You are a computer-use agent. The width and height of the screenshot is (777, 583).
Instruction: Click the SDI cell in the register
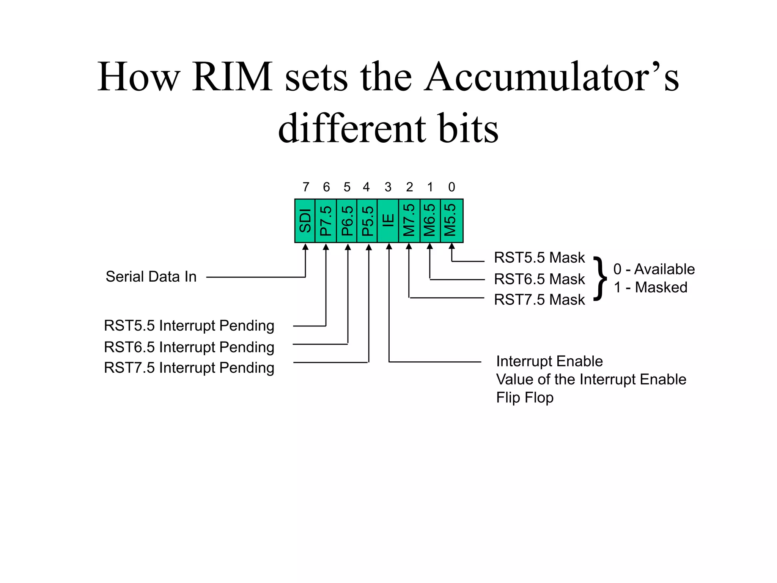tap(305, 221)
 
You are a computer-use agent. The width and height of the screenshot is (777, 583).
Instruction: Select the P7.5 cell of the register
tap(326, 221)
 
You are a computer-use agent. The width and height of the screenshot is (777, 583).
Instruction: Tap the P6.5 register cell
tap(347, 221)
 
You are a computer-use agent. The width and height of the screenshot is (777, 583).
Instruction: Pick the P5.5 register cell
tap(367, 221)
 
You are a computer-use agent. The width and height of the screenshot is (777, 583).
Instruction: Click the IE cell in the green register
tap(388, 221)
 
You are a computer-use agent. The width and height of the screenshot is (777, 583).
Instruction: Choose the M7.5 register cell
tap(409, 221)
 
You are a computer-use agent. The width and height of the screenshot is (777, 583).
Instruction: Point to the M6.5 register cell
tap(430, 221)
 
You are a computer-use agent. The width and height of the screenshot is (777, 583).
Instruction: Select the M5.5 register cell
tap(451, 221)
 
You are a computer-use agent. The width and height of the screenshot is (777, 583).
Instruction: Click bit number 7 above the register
tap(306, 187)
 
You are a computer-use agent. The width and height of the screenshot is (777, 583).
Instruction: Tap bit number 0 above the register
tap(451, 187)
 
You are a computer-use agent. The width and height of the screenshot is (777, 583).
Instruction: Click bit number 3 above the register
tap(388, 187)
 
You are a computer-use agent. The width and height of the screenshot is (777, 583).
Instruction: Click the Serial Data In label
tap(151, 277)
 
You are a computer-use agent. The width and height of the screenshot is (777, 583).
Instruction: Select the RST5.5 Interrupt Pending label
tap(189, 326)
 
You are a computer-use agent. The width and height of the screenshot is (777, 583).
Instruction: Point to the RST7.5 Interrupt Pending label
tap(189, 368)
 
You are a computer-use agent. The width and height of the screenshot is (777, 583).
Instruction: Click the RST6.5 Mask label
tap(539, 279)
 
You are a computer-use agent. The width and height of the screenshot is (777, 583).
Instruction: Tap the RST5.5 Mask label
tap(539, 258)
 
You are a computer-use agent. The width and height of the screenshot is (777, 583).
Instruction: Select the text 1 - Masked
tap(650, 287)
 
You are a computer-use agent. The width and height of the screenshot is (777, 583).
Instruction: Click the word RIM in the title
tap(232, 77)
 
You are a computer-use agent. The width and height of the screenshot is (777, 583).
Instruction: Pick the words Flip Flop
tap(525, 398)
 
